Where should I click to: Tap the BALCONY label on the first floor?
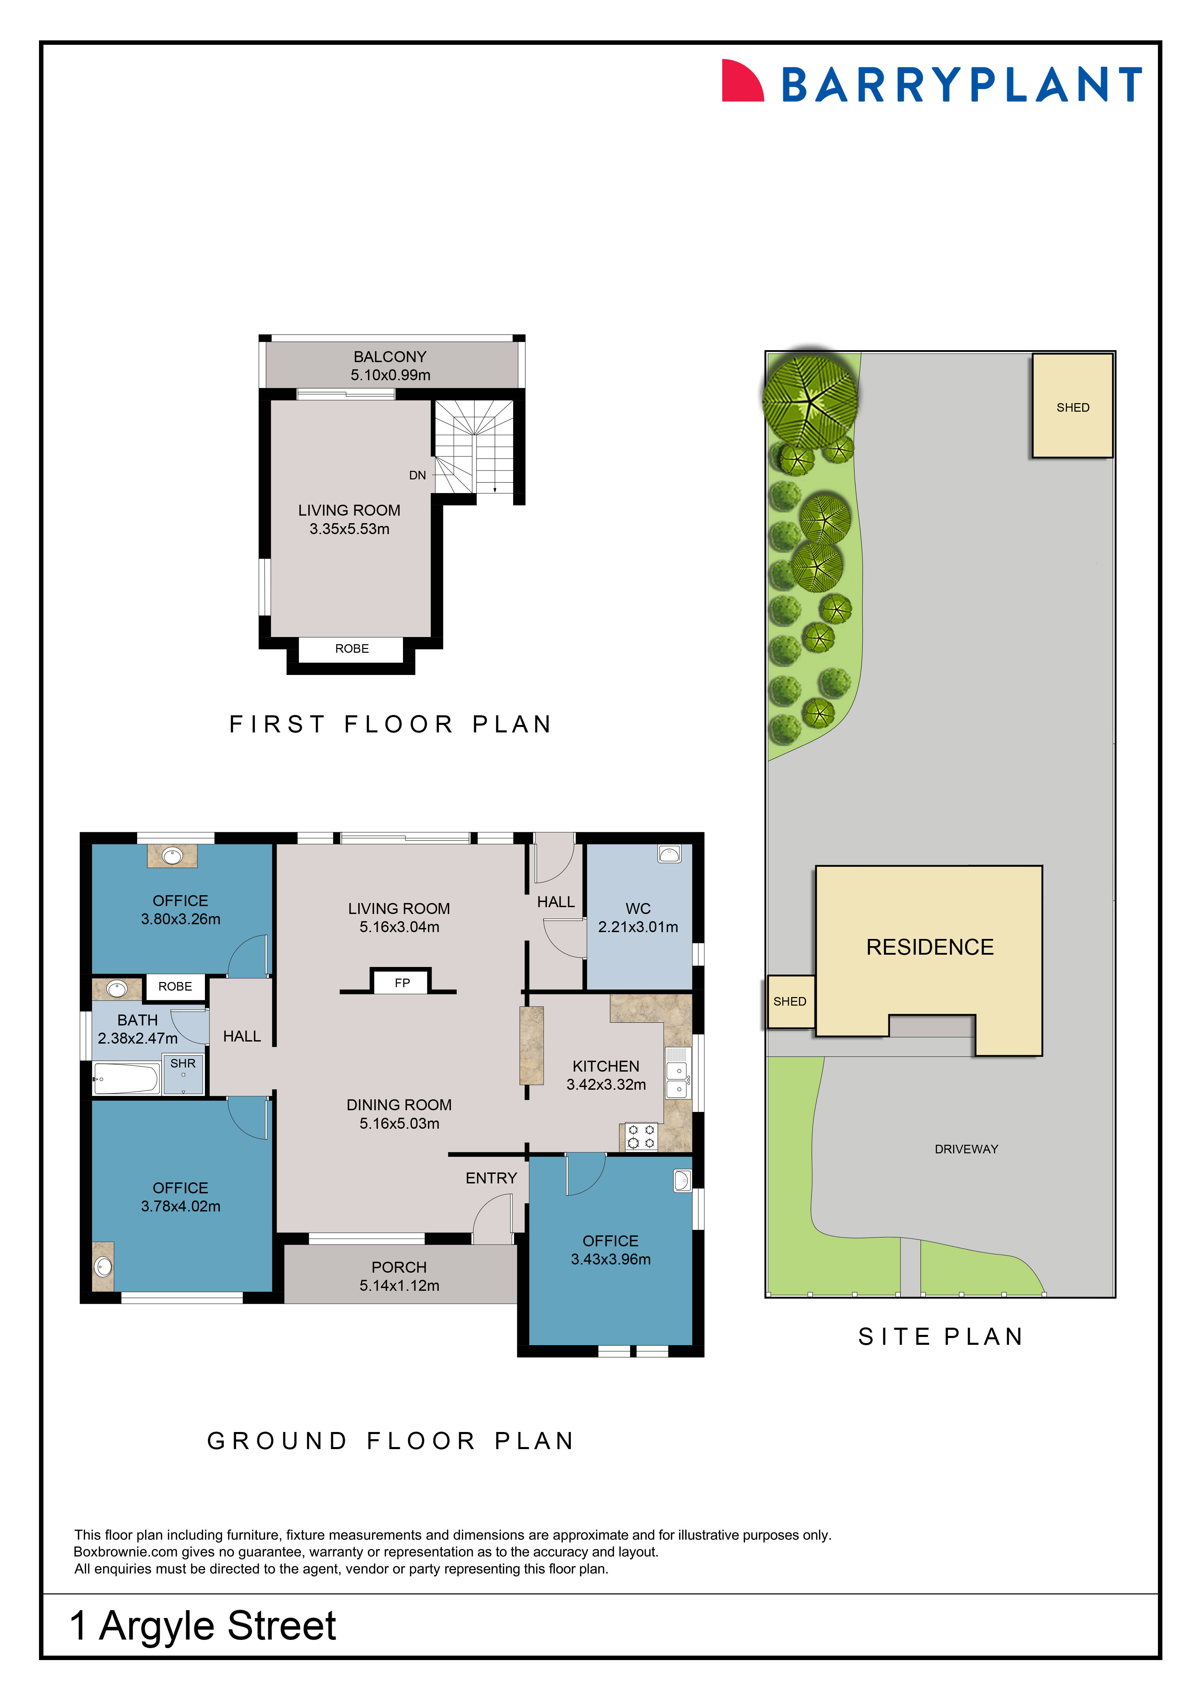tap(390, 356)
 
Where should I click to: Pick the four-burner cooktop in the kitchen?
tap(640, 1137)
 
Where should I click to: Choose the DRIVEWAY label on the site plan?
tap(966, 1149)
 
